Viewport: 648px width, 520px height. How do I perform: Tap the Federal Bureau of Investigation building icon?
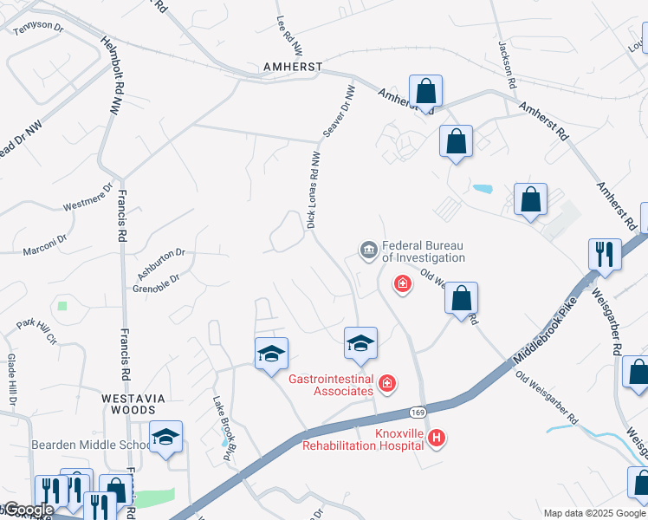point(368,251)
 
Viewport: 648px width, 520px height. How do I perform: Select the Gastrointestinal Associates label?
point(331,385)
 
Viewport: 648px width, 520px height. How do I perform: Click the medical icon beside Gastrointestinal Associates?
point(387,382)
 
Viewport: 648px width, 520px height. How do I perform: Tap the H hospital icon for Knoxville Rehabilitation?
point(437,439)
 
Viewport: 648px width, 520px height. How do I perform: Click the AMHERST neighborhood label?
point(294,67)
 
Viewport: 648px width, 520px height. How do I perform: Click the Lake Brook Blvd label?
point(225,429)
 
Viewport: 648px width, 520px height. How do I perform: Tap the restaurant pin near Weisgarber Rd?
point(605,255)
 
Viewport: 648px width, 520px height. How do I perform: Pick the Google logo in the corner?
point(29,510)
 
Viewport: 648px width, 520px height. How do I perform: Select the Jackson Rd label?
point(507,65)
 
